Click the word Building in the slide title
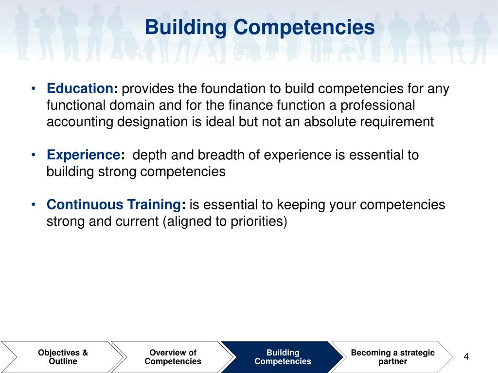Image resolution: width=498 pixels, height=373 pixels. [186, 27]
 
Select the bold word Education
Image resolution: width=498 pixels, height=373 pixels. [80, 89]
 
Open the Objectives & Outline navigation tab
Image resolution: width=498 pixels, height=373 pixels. [63, 357]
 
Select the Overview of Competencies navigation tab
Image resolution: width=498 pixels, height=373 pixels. [173, 357]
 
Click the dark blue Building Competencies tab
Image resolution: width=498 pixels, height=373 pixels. [283, 357]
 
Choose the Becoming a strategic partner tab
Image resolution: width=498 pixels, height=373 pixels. [392, 357]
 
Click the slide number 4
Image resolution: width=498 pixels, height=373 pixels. [466, 357]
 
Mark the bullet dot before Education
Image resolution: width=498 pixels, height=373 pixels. [33, 89]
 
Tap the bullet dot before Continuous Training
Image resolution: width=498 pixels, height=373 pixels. [33, 204]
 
